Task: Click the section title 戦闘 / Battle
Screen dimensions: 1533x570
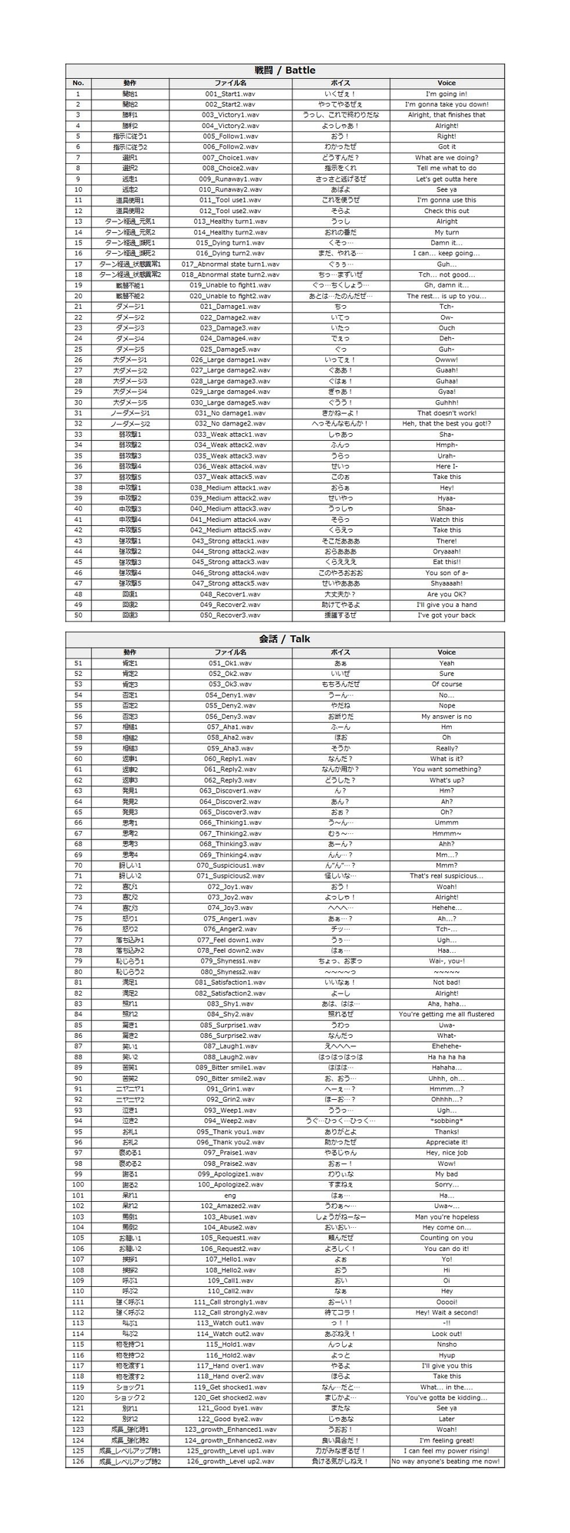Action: click(285, 71)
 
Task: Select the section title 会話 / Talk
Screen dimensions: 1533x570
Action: click(285, 638)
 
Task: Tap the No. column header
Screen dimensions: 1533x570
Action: click(77, 83)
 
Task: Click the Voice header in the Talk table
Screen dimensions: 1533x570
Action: click(446, 652)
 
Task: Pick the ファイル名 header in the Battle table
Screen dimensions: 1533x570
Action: click(230, 83)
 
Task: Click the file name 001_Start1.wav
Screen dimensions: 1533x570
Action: click(230, 94)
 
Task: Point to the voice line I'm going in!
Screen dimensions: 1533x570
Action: click(446, 94)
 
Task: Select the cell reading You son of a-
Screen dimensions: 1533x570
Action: click(446, 573)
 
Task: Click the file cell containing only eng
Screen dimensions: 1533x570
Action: click(230, 1195)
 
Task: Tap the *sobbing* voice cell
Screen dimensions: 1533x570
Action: click(446, 1121)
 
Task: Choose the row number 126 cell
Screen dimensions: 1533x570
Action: click(77, 1461)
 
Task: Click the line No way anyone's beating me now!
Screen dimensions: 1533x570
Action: click(446, 1461)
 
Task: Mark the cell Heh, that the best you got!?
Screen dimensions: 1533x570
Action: click(446, 423)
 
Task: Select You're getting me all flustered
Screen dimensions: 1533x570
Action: click(446, 1014)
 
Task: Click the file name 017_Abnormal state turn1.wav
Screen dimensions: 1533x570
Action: click(230, 264)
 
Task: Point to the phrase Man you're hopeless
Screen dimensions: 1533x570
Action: click(446, 1216)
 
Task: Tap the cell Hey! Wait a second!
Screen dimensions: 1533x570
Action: click(446, 1312)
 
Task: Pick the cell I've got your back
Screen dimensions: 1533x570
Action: click(446, 615)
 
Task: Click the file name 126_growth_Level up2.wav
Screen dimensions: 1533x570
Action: click(230, 1461)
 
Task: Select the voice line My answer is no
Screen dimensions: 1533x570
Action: click(446, 716)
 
